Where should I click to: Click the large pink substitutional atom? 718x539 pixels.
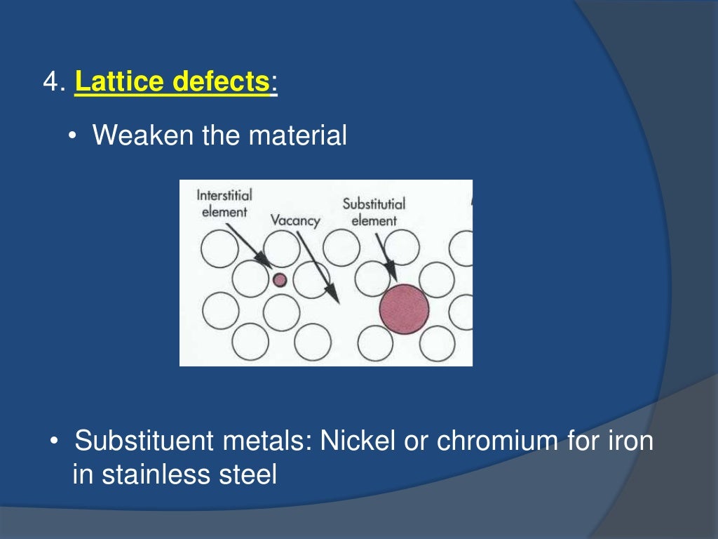coord(404,309)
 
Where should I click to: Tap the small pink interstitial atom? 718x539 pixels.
coord(280,280)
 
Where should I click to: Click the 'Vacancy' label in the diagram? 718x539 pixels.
coord(295,220)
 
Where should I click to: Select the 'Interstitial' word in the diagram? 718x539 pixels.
coord(224,195)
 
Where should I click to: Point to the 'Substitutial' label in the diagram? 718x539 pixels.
coord(374,204)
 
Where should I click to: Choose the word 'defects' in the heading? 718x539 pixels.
coord(221,83)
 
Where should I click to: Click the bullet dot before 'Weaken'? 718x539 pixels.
coord(74,135)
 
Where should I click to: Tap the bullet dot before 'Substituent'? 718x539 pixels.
coord(55,442)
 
